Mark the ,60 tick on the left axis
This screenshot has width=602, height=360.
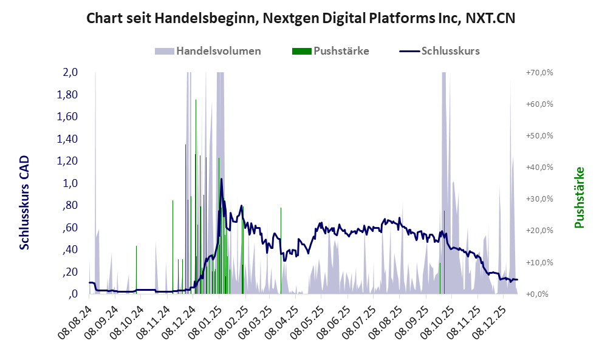tap(70, 228)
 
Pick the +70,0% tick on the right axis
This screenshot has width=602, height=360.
tap(539, 72)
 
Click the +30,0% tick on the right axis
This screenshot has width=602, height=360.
tap(539, 199)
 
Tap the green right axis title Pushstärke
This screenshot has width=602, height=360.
tap(579, 198)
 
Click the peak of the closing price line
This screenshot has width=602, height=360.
tap(221, 179)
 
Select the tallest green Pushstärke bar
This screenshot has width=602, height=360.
tap(196, 101)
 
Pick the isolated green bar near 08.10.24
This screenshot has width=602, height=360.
tap(136, 247)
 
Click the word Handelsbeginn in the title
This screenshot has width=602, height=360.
tap(201, 18)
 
